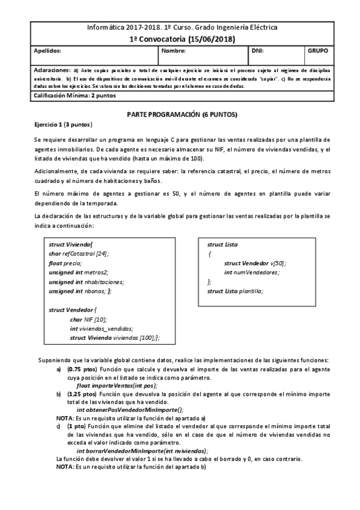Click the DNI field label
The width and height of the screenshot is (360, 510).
pyautogui.click(x=257, y=52)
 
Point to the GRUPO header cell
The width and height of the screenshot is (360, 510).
pyautogui.click(x=317, y=52)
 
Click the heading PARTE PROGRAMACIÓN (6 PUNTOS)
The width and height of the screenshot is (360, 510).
pyautogui.click(x=183, y=114)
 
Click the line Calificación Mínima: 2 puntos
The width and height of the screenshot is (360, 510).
pyautogui.click(x=75, y=96)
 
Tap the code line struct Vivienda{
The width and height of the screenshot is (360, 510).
pyautogui.click(x=70, y=245)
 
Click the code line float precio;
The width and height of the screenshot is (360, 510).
pyautogui.click(x=65, y=263)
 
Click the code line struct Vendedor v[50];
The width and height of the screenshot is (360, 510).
pyautogui.click(x=255, y=263)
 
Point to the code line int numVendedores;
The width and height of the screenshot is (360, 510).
pyautogui.click(x=252, y=272)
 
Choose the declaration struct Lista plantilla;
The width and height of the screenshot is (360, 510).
pyautogui.click(x=235, y=291)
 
